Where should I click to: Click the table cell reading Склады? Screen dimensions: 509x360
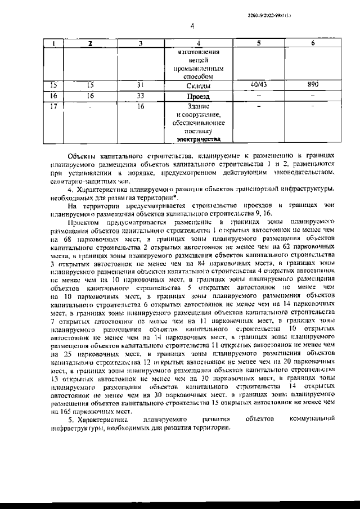click(197, 86)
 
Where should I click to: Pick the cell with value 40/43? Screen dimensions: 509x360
click(258, 84)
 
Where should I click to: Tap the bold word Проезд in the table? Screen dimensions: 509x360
click(197, 96)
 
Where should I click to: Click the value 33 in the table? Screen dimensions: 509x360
click(141, 96)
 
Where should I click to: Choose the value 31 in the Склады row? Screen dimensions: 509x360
click(141, 85)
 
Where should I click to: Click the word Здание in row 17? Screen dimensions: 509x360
click(198, 106)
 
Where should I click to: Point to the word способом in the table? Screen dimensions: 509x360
click(197, 76)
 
